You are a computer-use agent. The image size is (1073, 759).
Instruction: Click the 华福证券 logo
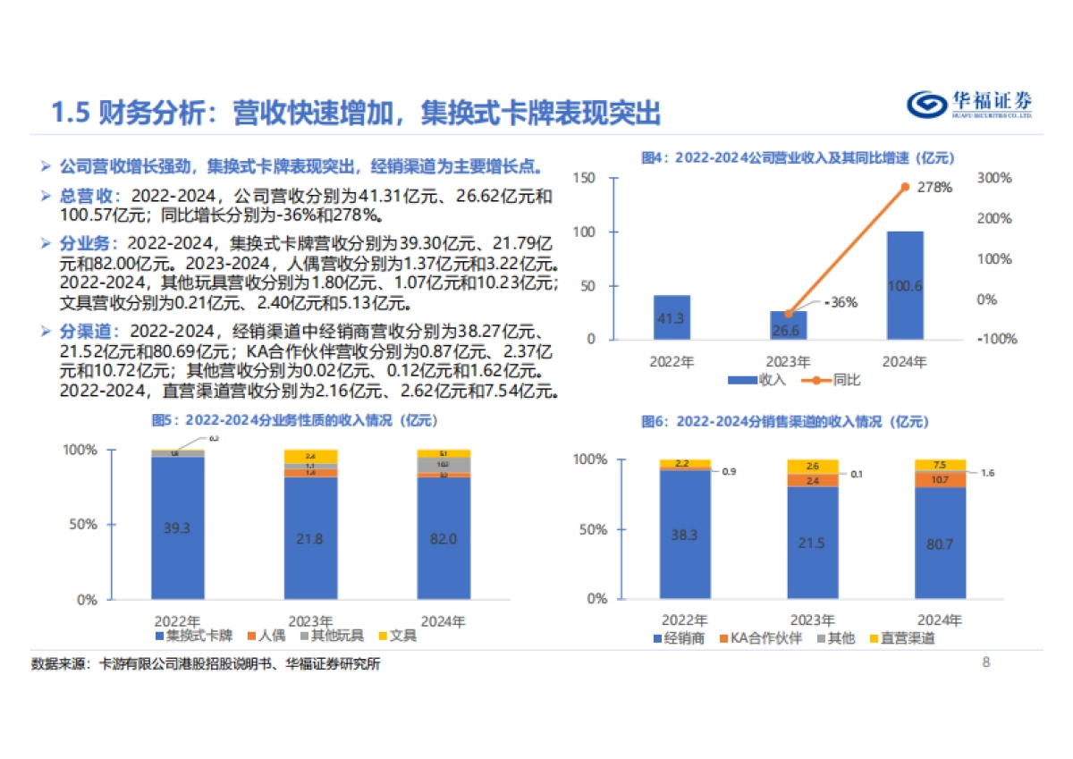[x=969, y=105]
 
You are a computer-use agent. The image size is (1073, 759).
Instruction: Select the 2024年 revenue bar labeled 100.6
[x=904, y=285]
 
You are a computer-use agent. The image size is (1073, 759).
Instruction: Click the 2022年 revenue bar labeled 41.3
[x=672, y=317]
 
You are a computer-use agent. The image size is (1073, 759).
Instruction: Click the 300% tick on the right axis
[x=993, y=179]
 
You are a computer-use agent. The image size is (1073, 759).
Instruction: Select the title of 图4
[x=798, y=157]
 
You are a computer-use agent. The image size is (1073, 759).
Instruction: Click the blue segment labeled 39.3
[x=177, y=527]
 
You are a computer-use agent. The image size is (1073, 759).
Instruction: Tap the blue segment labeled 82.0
[x=444, y=538]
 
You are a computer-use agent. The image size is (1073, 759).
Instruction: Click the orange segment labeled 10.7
[x=941, y=479]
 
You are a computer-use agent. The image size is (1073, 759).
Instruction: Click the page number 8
[x=985, y=662]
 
